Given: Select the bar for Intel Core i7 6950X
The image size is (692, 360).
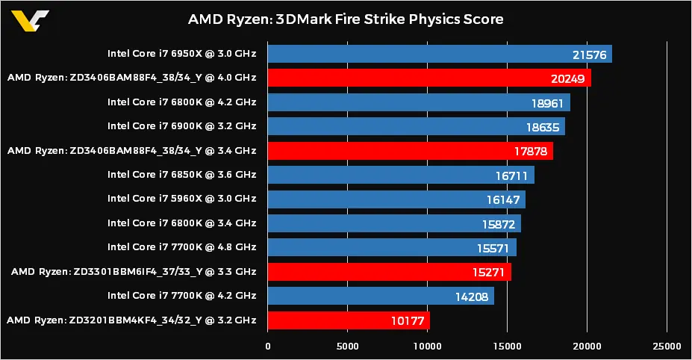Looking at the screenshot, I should point(439,54).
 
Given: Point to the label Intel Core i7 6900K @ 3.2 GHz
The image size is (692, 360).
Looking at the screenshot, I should point(181,126).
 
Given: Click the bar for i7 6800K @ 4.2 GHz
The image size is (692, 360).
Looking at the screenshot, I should point(418,102).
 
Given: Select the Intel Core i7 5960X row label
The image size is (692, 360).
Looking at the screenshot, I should point(181,199).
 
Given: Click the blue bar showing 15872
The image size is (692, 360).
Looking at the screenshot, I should point(393,223).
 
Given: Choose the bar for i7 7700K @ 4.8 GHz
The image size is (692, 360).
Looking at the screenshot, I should point(391,247).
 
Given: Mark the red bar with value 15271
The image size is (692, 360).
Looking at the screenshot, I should point(389,272).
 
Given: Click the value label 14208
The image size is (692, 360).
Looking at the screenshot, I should point(471,297).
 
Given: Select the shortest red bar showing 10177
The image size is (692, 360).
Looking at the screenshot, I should point(348,320).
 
